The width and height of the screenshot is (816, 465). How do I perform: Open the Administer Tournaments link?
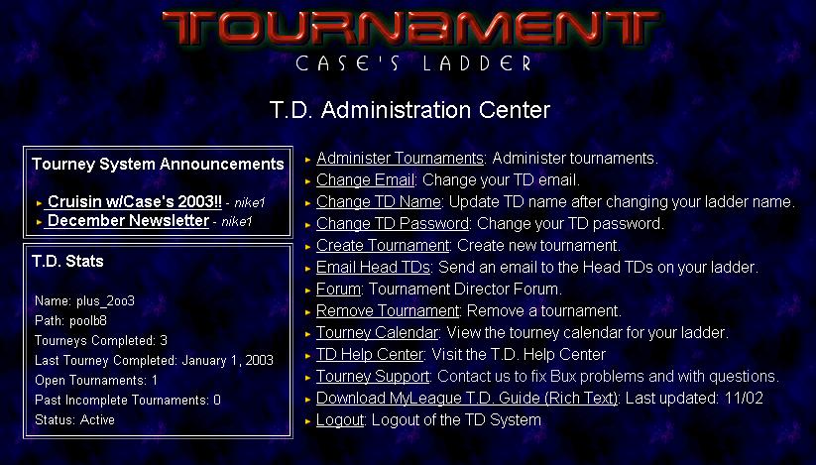(x=401, y=158)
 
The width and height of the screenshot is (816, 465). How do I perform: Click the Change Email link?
(x=365, y=180)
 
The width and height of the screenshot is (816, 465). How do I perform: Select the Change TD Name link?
(x=379, y=202)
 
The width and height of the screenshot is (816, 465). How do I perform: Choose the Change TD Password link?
(x=393, y=224)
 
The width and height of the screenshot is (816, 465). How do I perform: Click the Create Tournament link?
(x=383, y=246)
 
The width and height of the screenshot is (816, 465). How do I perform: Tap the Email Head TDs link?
(x=373, y=268)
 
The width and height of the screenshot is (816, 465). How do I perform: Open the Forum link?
(x=339, y=290)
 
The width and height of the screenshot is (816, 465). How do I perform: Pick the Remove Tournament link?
(x=388, y=311)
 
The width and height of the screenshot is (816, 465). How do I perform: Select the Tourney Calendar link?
(x=378, y=333)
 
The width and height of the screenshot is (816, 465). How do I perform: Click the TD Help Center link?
(x=370, y=355)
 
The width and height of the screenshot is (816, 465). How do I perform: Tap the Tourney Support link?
(x=373, y=377)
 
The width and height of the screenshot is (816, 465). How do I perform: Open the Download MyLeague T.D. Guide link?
(x=467, y=399)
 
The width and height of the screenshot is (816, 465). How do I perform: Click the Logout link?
(x=340, y=420)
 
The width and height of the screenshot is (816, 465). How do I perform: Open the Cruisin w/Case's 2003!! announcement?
(x=134, y=202)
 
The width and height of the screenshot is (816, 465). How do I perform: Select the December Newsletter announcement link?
(x=128, y=220)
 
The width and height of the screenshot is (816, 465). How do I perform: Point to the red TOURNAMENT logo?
(x=410, y=28)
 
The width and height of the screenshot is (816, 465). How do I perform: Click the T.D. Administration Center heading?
(x=410, y=110)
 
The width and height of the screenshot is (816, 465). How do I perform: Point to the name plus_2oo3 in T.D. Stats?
(x=106, y=301)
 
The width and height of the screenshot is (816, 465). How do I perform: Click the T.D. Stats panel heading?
(x=67, y=261)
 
